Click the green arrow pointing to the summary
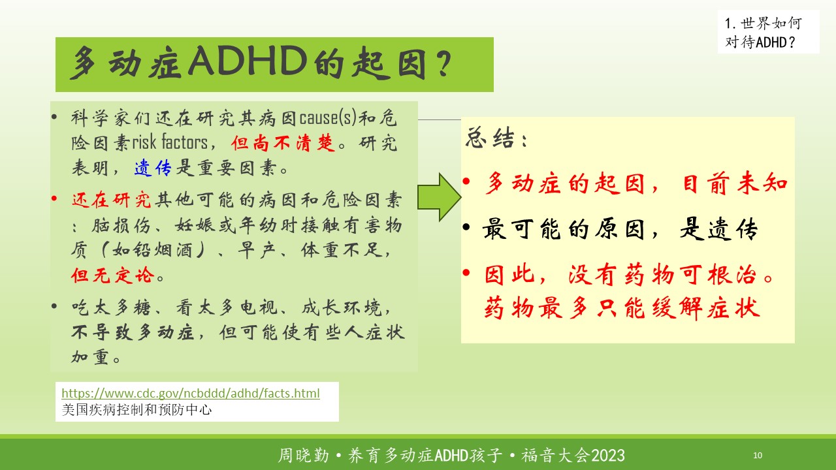click(x=440, y=197)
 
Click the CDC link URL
click(x=191, y=393)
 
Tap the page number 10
click(x=758, y=455)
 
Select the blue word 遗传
click(x=153, y=168)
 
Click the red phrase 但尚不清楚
click(x=283, y=143)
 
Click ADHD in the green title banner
click(x=248, y=61)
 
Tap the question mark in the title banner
click(x=443, y=63)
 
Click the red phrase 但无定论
click(x=113, y=275)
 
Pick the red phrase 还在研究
click(x=111, y=200)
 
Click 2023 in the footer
click(x=608, y=456)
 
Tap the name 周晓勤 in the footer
click(x=304, y=456)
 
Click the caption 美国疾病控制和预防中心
click(x=137, y=410)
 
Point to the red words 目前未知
click(x=735, y=183)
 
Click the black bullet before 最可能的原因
click(x=466, y=227)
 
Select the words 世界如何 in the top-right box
click(x=771, y=23)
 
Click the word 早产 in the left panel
click(x=257, y=250)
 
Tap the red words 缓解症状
click(x=706, y=308)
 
